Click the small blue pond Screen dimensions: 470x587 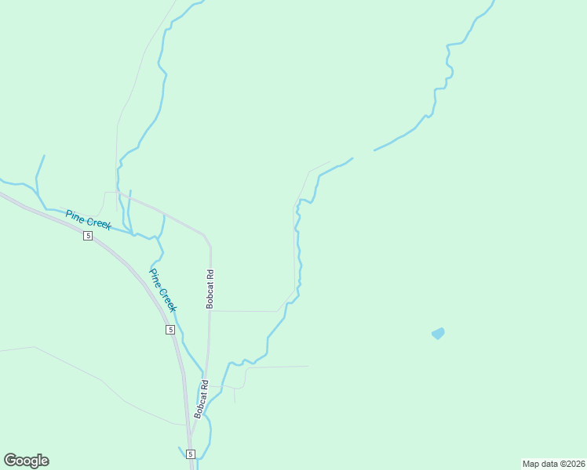click(x=438, y=333)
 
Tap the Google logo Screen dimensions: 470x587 click(x=26, y=461)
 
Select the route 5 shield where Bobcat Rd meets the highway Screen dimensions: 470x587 click(x=191, y=454)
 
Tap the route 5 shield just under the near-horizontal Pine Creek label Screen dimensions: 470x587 click(x=88, y=236)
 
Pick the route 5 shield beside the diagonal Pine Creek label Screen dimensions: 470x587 click(x=170, y=330)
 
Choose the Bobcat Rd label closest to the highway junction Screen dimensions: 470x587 click(x=201, y=399)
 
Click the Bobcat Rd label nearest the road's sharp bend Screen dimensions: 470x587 click(x=210, y=289)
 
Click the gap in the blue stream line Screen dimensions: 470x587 click(x=363, y=154)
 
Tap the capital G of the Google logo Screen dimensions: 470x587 click(x=11, y=460)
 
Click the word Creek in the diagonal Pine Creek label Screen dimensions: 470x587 click(x=168, y=299)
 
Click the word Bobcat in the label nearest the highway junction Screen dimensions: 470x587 click(x=201, y=405)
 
